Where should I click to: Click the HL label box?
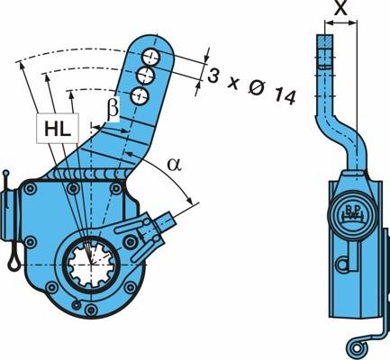pos(58,128)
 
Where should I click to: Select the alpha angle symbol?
pos(175,165)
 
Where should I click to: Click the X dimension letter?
pos(341,8)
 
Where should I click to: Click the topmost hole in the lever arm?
pos(151,56)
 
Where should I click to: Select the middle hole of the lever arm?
pos(146,76)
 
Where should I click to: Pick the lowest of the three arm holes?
pos(140,95)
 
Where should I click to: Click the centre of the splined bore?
pos(90,264)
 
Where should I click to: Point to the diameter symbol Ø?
pos(257,89)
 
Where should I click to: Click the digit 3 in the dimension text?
pos(213,76)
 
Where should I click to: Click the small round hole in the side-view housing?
pos(342,264)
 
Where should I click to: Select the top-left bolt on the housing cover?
pos(31,188)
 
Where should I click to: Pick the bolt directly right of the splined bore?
pos(130,242)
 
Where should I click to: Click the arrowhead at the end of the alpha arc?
pos(190,200)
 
